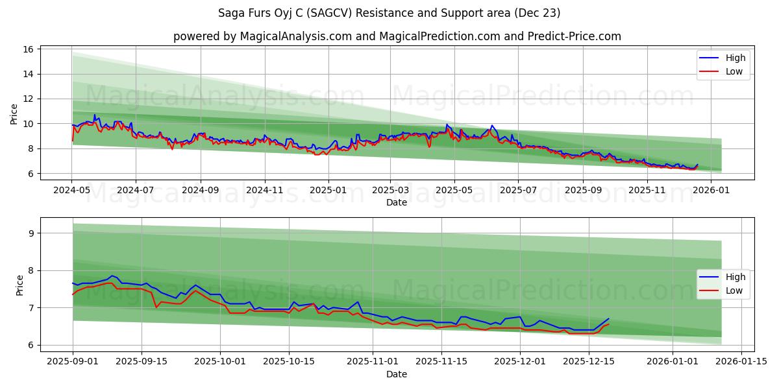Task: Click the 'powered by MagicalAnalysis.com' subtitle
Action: coord(397,36)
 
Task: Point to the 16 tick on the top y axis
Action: coord(29,49)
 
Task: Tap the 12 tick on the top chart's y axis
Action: coord(29,99)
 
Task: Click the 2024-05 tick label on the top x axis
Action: coord(72,191)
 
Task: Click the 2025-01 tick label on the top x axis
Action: coord(328,191)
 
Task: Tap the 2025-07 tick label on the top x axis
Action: coord(517,191)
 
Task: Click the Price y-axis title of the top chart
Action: coord(14,113)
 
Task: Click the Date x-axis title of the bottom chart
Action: coord(397,374)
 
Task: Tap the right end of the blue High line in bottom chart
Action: coord(608,319)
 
